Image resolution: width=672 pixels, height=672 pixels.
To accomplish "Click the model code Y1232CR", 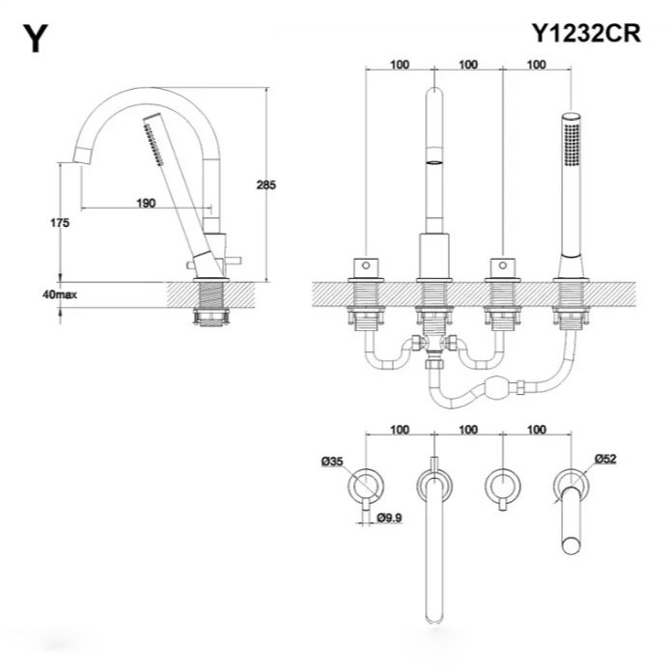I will point(585,31).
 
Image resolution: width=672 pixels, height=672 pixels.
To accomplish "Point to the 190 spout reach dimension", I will point(147,203).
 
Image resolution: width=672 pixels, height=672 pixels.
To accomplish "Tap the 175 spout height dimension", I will point(59,222).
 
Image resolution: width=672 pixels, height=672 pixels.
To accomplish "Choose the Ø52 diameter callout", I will point(605,461).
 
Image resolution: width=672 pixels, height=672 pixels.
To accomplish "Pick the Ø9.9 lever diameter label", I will point(389,518).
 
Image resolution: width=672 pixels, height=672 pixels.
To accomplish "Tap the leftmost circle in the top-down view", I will point(367,482).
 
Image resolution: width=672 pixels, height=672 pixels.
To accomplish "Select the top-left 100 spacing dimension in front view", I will point(399,65).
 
